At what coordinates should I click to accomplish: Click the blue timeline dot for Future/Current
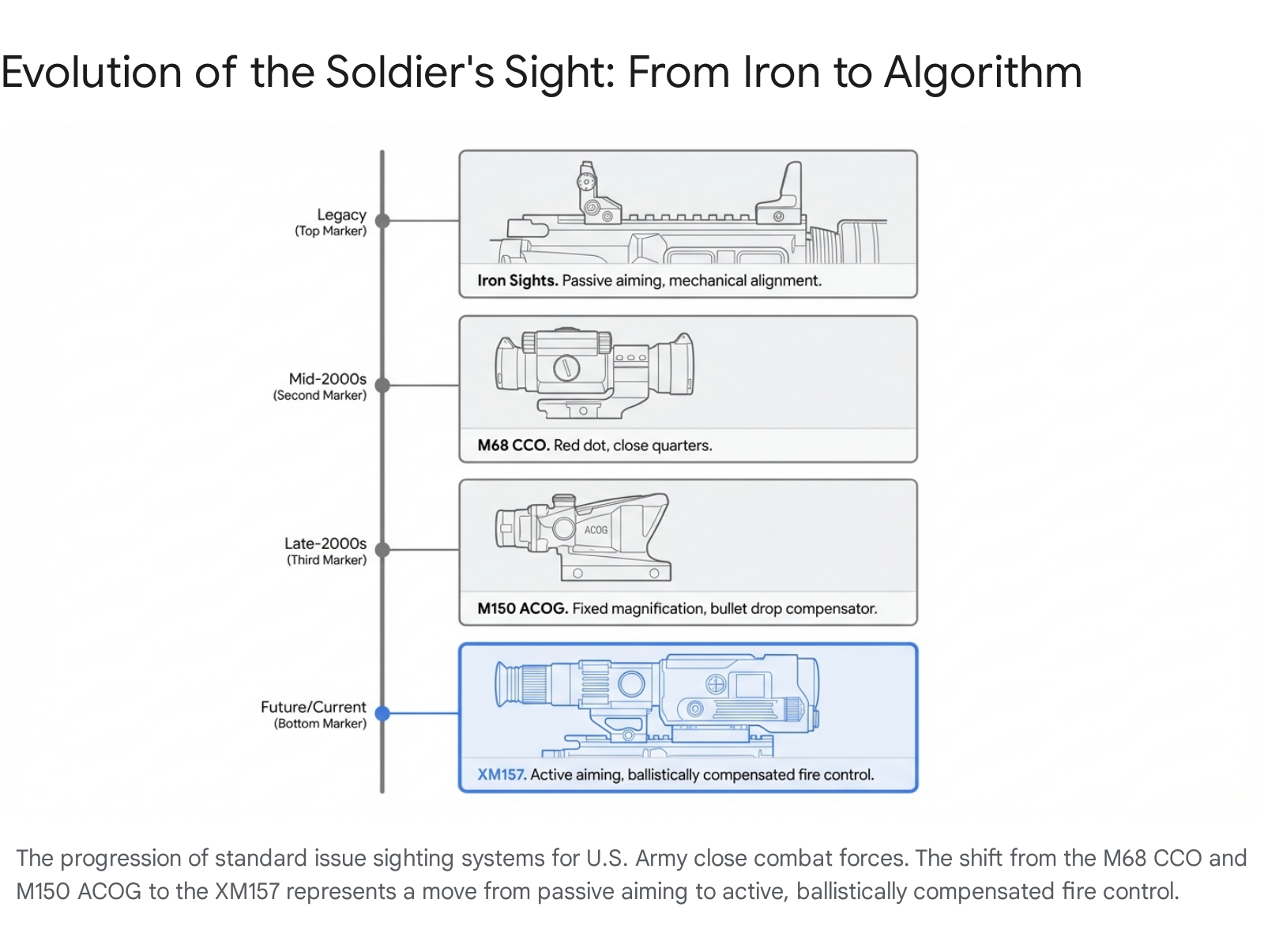[382, 713]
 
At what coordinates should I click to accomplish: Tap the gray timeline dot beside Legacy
[382, 221]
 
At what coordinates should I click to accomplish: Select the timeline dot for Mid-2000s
[382, 386]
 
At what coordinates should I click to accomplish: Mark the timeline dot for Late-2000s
[382, 550]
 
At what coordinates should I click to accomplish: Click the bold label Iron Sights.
[517, 280]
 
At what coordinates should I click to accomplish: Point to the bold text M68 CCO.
[513, 445]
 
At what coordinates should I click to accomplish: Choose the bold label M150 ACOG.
[522, 608]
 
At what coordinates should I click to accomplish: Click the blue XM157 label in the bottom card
[502, 774]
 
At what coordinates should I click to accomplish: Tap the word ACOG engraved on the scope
[596, 530]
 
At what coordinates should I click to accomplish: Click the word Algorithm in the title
[983, 73]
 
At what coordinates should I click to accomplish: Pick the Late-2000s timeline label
[325, 544]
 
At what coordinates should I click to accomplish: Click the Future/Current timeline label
[314, 707]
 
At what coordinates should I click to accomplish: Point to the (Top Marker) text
[331, 231]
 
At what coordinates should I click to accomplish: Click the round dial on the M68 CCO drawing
[566, 367]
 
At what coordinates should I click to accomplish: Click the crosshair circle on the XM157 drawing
[716, 684]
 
